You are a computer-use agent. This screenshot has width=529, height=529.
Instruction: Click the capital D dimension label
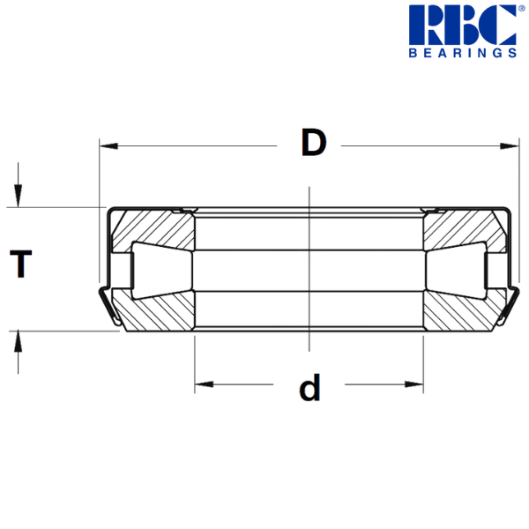coord(313,143)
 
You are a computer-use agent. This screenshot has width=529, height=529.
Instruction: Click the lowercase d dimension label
coord(309,386)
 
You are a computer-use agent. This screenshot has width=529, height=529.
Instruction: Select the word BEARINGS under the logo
coord(462,53)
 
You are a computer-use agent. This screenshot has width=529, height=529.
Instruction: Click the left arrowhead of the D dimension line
coord(108,145)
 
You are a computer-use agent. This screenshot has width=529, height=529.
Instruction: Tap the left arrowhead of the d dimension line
coord(204,385)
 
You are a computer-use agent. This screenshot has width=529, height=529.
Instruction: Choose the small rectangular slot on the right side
coord(497,269)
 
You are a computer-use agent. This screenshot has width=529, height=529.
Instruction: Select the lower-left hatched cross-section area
coord(159,309)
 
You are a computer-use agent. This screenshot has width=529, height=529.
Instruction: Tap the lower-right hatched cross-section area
coord(458,309)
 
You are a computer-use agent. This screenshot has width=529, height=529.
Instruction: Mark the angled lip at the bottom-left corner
coord(110,309)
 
